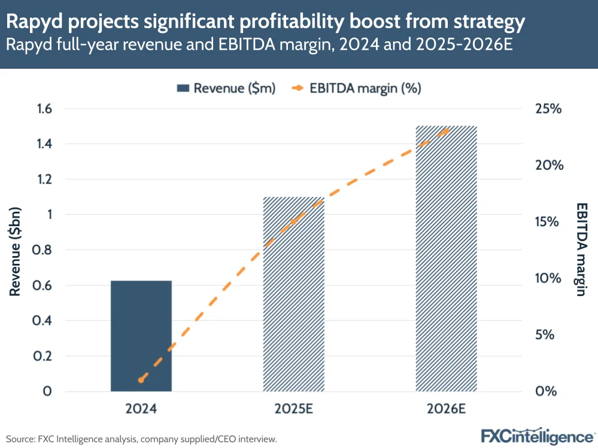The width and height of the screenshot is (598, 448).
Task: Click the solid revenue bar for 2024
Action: pos(141,336)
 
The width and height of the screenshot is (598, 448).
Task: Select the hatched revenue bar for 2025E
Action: pos(294,294)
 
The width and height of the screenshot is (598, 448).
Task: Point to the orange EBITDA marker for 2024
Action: pos(141,380)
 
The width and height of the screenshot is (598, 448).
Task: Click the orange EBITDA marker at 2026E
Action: pos(445,129)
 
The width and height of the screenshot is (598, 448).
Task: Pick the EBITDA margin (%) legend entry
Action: pos(358,89)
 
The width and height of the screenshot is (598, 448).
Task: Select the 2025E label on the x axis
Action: pos(293,410)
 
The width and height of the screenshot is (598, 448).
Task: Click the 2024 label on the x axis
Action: pos(141,410)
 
